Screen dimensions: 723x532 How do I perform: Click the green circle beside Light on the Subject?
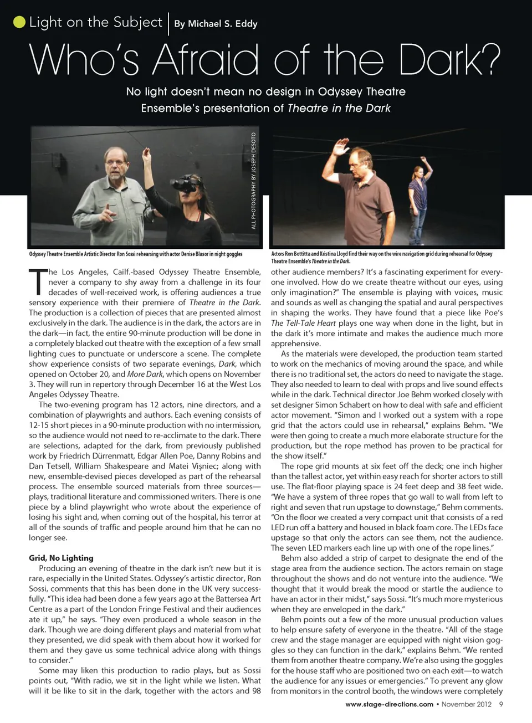pos(19,22)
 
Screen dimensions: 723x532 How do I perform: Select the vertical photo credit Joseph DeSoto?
pos(254,181)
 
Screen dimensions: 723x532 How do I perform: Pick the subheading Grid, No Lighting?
pos(61,558)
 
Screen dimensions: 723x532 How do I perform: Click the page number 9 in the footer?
pos(501,704)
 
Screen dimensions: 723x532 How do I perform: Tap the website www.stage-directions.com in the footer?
pos(389,704)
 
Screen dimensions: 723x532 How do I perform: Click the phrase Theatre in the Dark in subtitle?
pos(339,108)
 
